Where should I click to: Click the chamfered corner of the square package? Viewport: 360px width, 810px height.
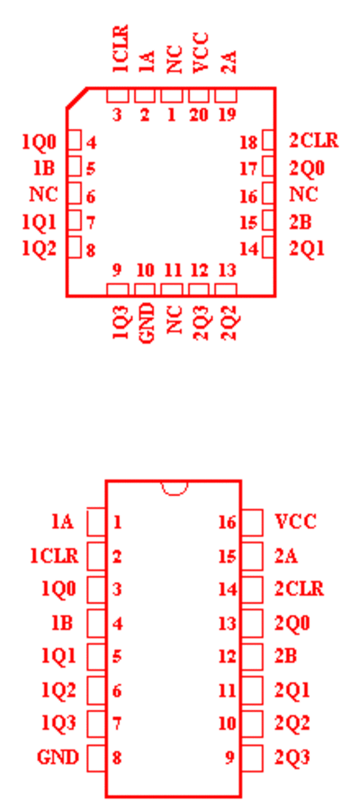(76, 98)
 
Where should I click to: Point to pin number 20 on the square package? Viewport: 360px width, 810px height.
(199, 114)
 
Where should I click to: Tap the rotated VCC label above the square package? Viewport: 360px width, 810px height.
(200, 52)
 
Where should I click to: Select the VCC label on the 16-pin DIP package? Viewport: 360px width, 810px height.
(295, 522)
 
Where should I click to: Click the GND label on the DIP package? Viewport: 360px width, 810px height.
(58, 758)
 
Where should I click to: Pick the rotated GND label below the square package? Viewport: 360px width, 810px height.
(147, 322)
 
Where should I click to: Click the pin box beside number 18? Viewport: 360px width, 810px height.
(268, 140)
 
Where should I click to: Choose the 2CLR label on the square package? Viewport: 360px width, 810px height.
(313, 140)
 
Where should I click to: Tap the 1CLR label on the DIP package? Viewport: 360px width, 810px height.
(54, 556)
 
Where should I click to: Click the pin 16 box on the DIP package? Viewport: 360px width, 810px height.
(252, 522)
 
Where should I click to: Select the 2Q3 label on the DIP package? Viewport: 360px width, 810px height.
(292, 758)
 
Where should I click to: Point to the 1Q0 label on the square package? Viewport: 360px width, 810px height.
(39, 141)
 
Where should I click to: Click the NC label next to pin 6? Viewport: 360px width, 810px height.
(43, 194)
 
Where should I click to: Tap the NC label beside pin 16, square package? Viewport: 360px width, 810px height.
(303, 194)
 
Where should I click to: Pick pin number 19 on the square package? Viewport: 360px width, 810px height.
(226, 114)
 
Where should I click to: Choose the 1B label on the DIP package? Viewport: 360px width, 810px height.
(62, 623)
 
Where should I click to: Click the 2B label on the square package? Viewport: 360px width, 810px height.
(300, 222)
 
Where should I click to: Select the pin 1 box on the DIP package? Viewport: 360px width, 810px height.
(96, 522)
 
